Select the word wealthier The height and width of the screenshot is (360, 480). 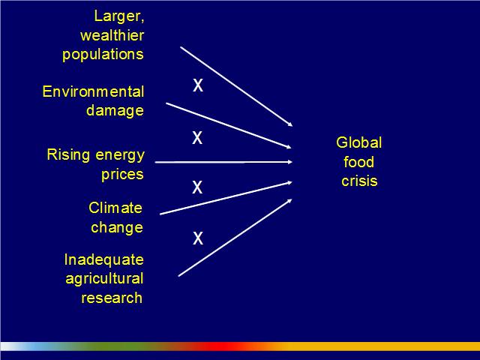coord(112,35)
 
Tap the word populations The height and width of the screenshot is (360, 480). coord(103,55)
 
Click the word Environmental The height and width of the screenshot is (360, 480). coord(93,91)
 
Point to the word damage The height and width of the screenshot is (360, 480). coord(115,111)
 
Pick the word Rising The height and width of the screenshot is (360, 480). coord(68,155)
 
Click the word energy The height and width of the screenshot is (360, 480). coord(120,156)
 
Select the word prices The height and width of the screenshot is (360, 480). coord(122,175)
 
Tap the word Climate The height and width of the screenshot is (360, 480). coord(115,208)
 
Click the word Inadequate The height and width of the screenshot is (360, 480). coord(103,260)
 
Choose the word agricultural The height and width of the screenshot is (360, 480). coord(104,279)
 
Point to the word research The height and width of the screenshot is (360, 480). coord(112,298)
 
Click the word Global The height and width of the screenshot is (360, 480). coord(358,142)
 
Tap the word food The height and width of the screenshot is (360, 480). coord(358,162)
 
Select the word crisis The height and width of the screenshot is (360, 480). coord(359,181)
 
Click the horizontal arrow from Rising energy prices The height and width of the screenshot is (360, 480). coord(223,162)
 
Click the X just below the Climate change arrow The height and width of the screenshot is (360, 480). coord(198,238)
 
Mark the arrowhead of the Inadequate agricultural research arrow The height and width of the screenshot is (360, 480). coord(290,201)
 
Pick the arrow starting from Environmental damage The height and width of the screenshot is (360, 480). coord(229,126)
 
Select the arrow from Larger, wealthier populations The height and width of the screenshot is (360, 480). coord(236,86)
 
